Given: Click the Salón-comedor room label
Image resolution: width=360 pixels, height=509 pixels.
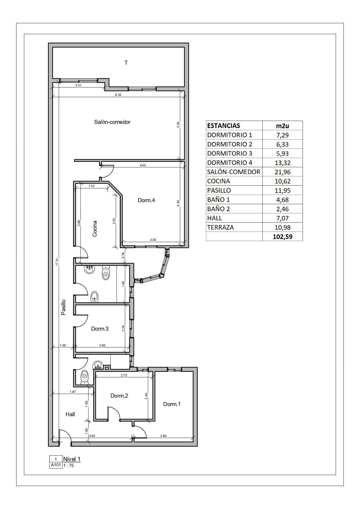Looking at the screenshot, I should pyautogui.click(x=112, y=122).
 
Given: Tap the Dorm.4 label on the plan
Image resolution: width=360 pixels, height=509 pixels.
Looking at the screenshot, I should pyautogui.click(x=146, y=200).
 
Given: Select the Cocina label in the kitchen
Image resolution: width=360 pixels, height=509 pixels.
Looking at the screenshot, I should pyautogui.click(x=95, y=229).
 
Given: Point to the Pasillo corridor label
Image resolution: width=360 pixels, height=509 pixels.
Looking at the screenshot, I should pyautogui.click(x=64, y=307).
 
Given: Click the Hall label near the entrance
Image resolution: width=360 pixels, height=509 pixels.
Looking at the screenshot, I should pyautogui.click(x=70, y=414).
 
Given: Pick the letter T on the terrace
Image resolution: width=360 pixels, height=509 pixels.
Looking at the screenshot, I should pyautogui.click(x=126, y=63).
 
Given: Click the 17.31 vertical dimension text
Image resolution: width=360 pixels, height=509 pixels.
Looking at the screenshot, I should pyautogui.click(x=57, y=262).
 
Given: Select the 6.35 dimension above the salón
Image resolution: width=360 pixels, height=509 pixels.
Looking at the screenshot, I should pyautogui.click(x=118, y=95).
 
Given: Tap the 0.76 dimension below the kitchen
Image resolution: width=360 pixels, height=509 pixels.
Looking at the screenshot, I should pyautogui.click(x=124, y=256).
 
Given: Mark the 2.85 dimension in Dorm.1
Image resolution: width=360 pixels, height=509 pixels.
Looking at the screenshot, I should pyautogui.click(x=164, y=436).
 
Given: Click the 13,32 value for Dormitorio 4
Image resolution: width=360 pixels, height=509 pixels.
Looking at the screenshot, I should pyautogui.click(x=282, y=163).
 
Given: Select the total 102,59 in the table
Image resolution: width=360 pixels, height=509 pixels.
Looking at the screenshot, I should pyautogui.click(x=282, y=237).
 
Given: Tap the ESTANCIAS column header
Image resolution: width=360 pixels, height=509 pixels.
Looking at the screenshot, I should pyautogui.click(x=224, y=126).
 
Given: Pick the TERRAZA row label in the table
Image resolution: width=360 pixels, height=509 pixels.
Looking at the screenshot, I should pyautogui.click(x=220, y=227).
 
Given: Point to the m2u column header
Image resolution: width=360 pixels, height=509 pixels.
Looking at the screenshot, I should pyautogui.click(x=282, y=126).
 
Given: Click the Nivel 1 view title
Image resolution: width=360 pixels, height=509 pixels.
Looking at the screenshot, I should pyautogui.click(x=72, y=459).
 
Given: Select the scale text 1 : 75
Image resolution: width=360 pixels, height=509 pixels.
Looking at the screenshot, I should pyautogui.click(x=69, y=465).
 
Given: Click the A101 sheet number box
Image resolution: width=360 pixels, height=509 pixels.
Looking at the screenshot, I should pyautogui.click(x=56, y=465).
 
